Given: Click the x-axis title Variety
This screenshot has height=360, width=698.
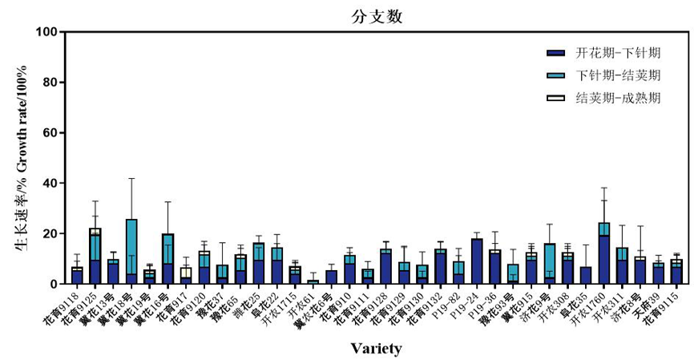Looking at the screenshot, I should [x=376, y=349].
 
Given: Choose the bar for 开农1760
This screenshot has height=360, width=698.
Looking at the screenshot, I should [x=603, y=253].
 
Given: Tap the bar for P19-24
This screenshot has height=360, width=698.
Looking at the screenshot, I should [x=477, y=261].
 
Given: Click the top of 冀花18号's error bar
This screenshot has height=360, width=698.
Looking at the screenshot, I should [x=131, y=178].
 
